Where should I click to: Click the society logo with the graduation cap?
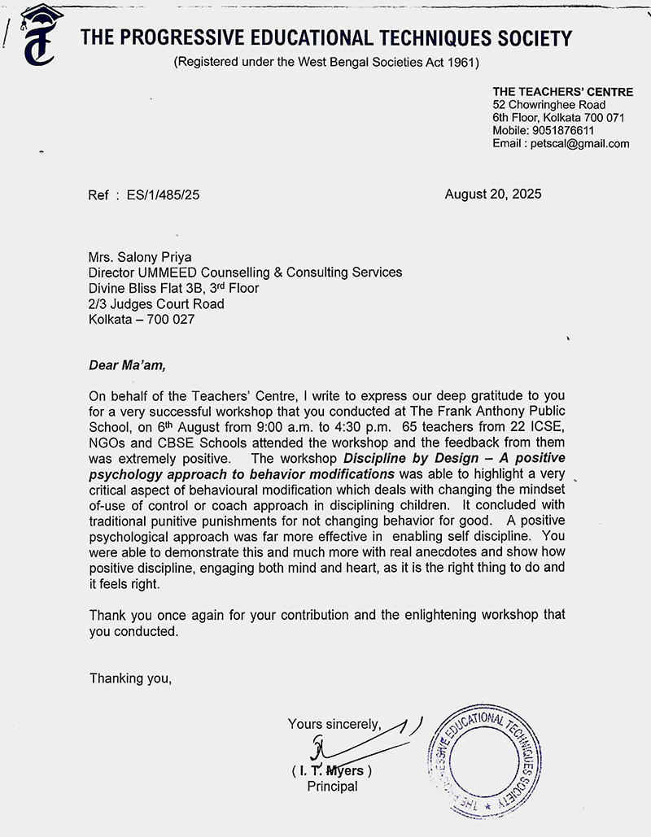[x=39, y=41]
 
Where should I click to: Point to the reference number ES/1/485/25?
[x=158, y=195]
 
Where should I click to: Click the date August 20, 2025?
[x=492, y=194]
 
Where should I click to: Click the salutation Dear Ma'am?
[x=127, y=365]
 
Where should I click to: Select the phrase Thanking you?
[x=130, y=678]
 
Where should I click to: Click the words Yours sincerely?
[x=334, y=723]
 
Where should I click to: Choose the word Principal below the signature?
[x=332, y=787]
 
